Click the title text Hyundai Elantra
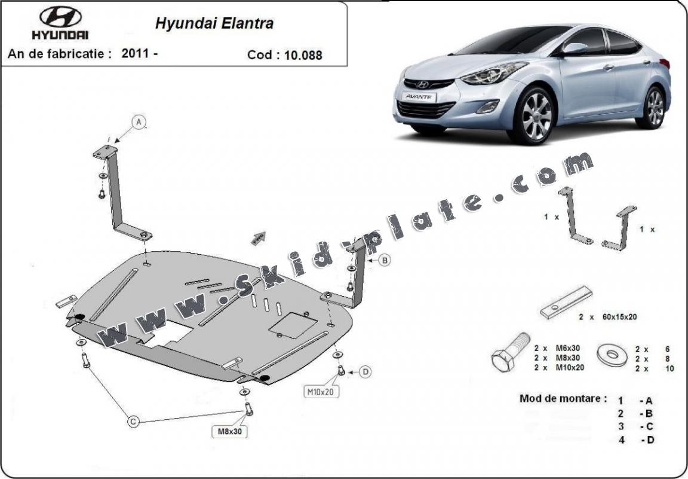coord(214,24)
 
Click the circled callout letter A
coord(139,122)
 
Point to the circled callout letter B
coord(386,260)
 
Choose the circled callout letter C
coord(134,422)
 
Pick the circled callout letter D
coord(365,372)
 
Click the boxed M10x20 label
coord(321,392)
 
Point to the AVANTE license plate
coord(417,96)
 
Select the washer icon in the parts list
coord(612,355)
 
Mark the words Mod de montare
coord(563,398)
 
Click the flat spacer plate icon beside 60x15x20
coord(566,303)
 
